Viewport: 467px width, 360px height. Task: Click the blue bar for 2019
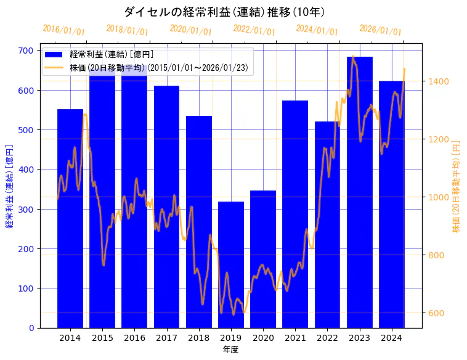[231, 264]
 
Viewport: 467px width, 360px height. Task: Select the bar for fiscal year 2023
[360, 192]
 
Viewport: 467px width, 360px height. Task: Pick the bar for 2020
[263, 259]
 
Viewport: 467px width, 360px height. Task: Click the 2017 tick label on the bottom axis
[166, 338]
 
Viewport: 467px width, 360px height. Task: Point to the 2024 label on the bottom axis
[392, 338]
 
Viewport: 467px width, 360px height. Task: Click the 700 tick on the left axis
[26, 51]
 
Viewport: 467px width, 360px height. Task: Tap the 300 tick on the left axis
[26, 209]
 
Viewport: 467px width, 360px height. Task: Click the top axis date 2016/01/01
[64, 30]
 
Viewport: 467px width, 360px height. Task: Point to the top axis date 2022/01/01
[254, 30]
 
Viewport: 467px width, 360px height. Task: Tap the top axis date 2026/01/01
[380, 30]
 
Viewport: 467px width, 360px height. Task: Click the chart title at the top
[225, 12]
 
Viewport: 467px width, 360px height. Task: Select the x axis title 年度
[230, 350]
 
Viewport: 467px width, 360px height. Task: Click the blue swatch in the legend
[55, 55]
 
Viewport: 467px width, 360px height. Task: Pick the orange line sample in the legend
[55, 67]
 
